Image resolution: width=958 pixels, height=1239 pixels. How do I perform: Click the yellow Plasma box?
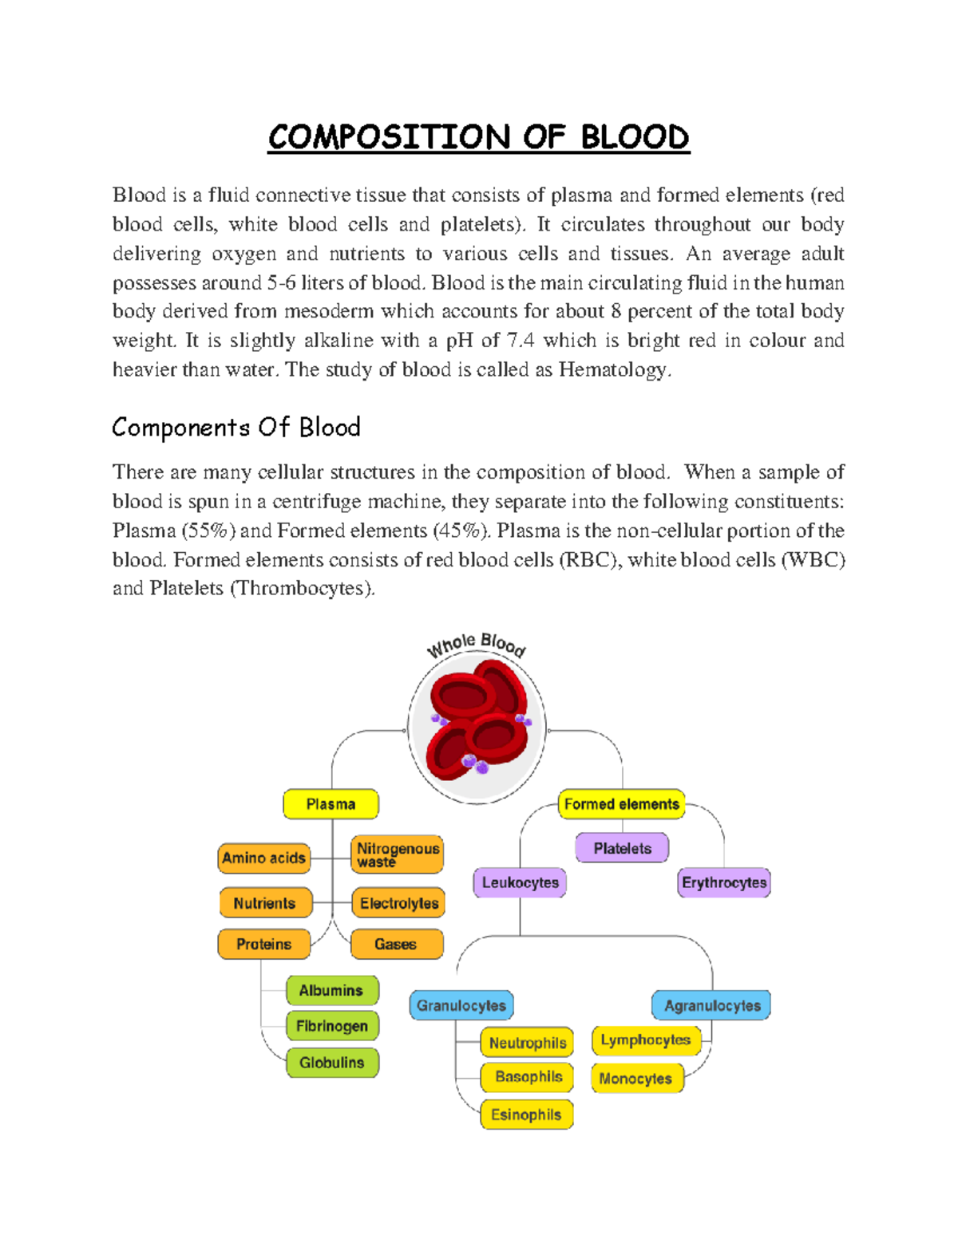[331, 804]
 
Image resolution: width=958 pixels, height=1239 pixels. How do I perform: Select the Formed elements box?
[621, 804]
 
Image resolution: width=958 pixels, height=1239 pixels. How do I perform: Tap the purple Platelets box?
[622, 848]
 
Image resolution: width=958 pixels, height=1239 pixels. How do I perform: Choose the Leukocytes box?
[520, 882]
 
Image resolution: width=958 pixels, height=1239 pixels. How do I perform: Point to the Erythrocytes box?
[724, 882]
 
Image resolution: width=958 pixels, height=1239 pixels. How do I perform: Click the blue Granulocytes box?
[461, 1005]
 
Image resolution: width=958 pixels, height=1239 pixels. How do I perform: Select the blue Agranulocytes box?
[712, 1005]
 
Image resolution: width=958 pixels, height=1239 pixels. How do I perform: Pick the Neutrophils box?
[527, 1043]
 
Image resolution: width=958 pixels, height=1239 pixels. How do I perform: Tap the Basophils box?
[528, 1077]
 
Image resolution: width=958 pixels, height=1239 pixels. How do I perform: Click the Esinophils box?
[526, 1115]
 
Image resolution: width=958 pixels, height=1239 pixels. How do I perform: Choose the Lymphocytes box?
[646, 1040]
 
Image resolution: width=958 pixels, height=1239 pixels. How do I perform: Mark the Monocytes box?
[636, 1079]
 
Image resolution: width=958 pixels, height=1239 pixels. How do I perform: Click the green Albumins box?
[331, 990]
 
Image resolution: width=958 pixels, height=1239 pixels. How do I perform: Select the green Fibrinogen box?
[332, 1026]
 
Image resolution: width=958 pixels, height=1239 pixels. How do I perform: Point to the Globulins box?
[332, 1063]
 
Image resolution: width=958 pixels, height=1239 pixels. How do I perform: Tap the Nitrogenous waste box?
[397, 854]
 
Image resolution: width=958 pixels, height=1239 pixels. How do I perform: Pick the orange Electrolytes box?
[398, 903]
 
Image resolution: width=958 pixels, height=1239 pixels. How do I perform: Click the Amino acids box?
[263, 858]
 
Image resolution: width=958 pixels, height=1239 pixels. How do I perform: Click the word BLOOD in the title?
[635, 137]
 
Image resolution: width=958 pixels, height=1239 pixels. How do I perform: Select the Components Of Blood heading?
[236, 428]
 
